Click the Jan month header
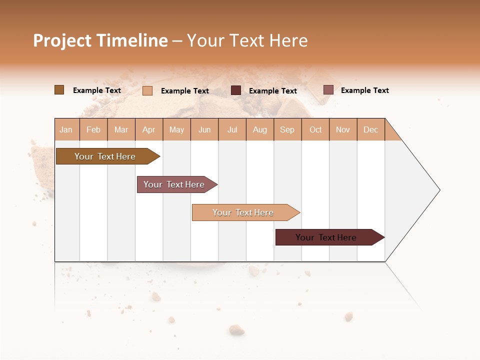pyautogui.click(x=66, y=129)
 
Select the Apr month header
pyautogui.click(x=149, y=129)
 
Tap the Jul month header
pyautogui.click(x=232, y=129)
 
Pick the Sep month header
pyautogui.click(x=287, y=129)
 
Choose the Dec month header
pyautogui.click(x=370, y=129)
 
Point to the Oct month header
pyautogui.click(x=315, y=129)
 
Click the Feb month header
pyautogui.click(x=93, y=129)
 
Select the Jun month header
pyautogui.click(x=204, y=129)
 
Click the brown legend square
pyautogui.click(x=59, y=90)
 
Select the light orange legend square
pyautogui.click(x=147, y=90)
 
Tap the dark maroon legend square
pyautogui.click(x=236, y=90)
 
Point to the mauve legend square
pyautogui.click(x=328, y=90)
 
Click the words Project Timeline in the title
pyautogui.click(x=100, y=40)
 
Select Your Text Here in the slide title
pyautogui.click(x=247, y=40)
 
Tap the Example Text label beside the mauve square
pyautogui.click(x=364, y=90)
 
